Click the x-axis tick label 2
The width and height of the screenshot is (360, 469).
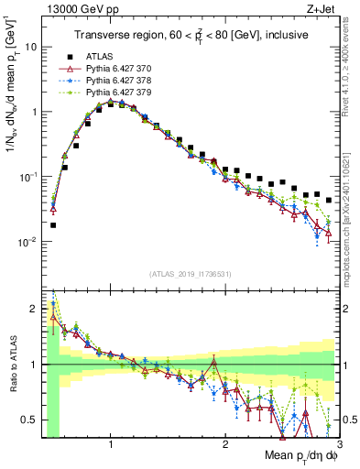coord(224,444)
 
